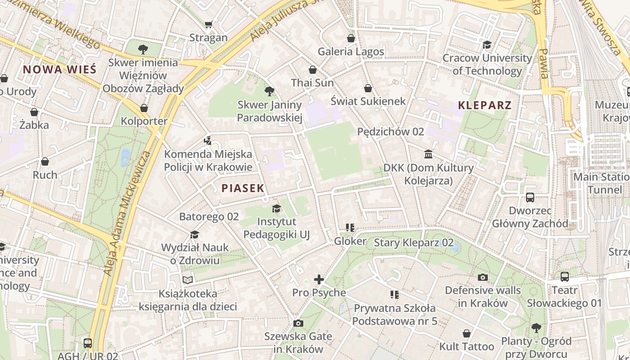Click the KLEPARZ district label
click(485, 105)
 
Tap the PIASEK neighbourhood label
click(243, 188)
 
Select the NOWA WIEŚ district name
click(59, 69)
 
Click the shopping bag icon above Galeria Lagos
click(351, 38)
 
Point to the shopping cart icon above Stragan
click(208, 24)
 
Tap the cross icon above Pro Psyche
click(319, 279)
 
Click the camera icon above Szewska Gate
click(298, 323)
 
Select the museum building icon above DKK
click(428, 154)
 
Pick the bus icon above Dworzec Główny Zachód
click(530, 197)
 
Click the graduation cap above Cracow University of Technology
click(487, 45)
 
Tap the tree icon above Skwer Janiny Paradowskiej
click(270, 91)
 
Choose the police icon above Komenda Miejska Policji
click(207, 140)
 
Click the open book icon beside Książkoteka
click(188, 280)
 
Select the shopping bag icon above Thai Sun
click(313, 70)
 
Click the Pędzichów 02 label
click(391, 131)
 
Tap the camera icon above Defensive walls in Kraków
click(483, 277)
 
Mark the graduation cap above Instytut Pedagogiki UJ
click(276, 208)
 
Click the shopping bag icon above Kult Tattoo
click(467, 333)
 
